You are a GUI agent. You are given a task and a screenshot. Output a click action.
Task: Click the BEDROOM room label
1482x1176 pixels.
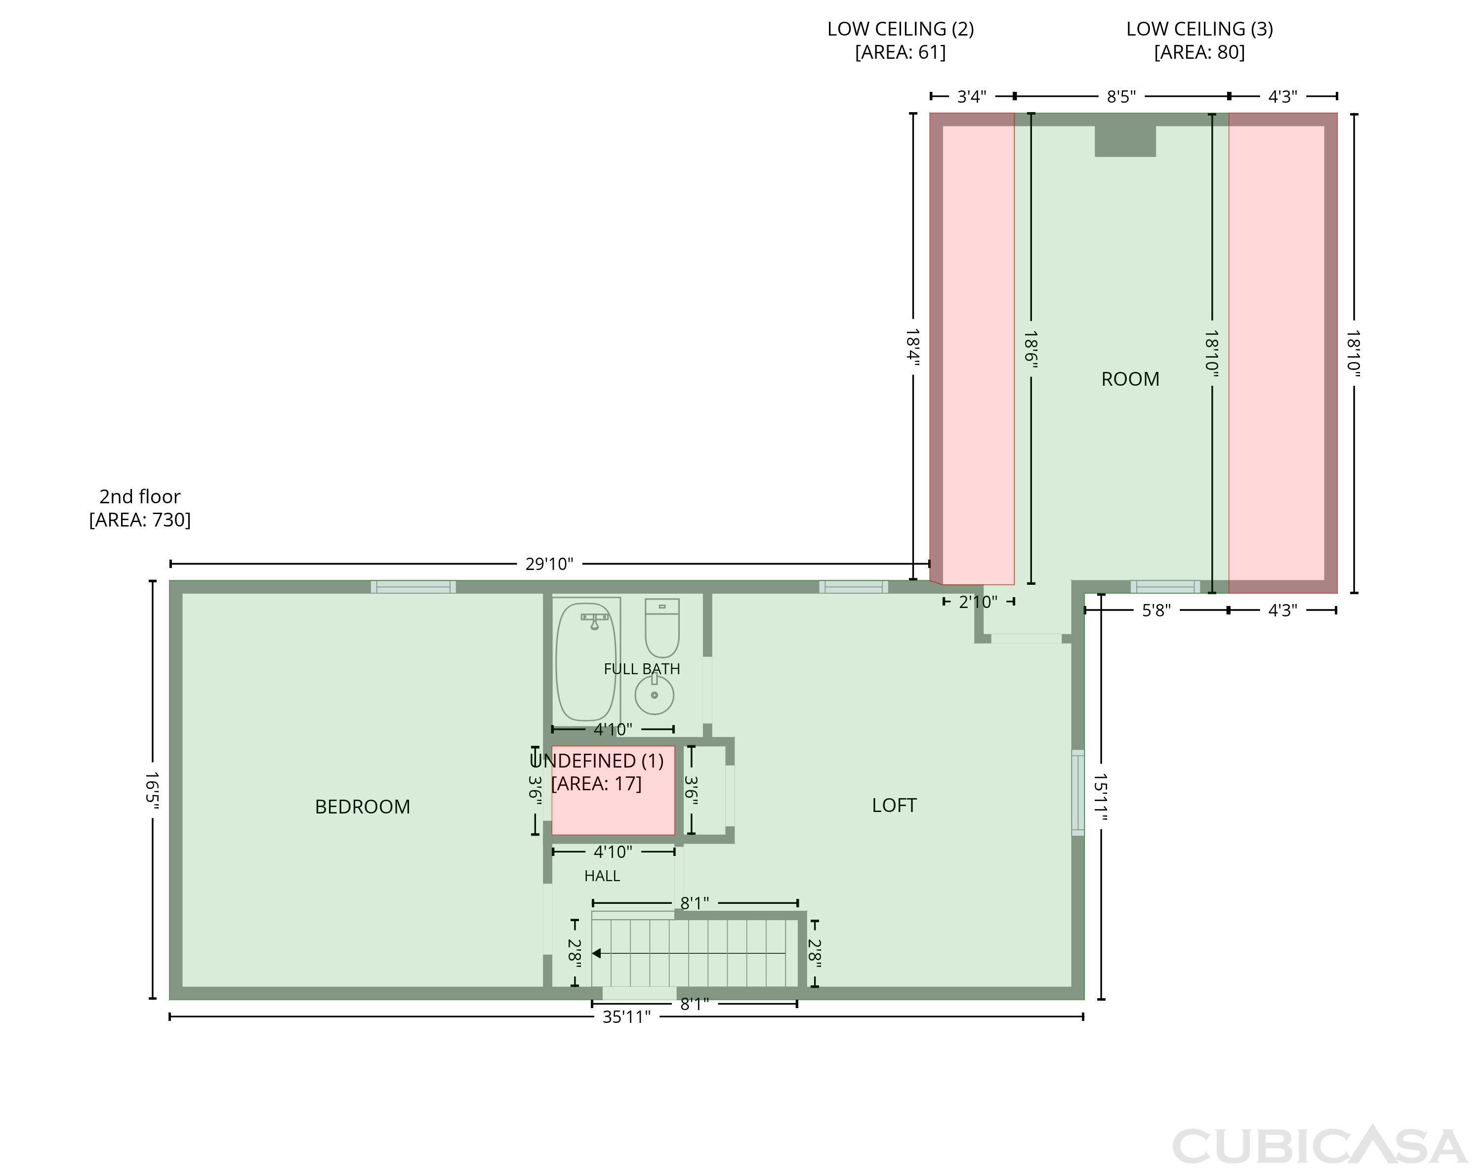(362, 807)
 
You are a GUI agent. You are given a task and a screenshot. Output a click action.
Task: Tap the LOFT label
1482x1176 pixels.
(894, 806)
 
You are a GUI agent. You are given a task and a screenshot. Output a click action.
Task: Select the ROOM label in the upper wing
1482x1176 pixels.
(1130, 379)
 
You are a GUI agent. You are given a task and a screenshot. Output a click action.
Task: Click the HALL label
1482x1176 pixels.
(602, 876)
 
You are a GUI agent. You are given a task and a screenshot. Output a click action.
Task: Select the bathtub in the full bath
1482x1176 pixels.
(586, 662)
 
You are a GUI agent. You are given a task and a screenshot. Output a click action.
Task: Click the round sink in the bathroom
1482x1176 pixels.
(655, 694)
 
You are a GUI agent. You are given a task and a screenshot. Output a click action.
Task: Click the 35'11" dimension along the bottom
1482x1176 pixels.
(626, 1017)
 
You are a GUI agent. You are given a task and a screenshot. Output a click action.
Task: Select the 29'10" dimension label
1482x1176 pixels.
(549, 564)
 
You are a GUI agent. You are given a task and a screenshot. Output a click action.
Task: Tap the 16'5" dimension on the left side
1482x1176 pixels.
(152, 790)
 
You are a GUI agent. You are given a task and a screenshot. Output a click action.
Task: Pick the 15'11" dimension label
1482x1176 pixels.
(1101, 797)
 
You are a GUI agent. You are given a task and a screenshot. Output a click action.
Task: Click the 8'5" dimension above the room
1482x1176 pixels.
(1121, 97)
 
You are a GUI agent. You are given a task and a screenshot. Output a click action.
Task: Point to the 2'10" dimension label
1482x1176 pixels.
(978, 602)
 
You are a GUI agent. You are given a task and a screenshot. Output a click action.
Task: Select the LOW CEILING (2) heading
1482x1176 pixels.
(901, 29)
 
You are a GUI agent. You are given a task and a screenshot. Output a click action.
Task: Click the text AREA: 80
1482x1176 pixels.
(1199, 52)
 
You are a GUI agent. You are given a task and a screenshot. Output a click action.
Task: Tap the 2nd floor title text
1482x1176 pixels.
(140, 496)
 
